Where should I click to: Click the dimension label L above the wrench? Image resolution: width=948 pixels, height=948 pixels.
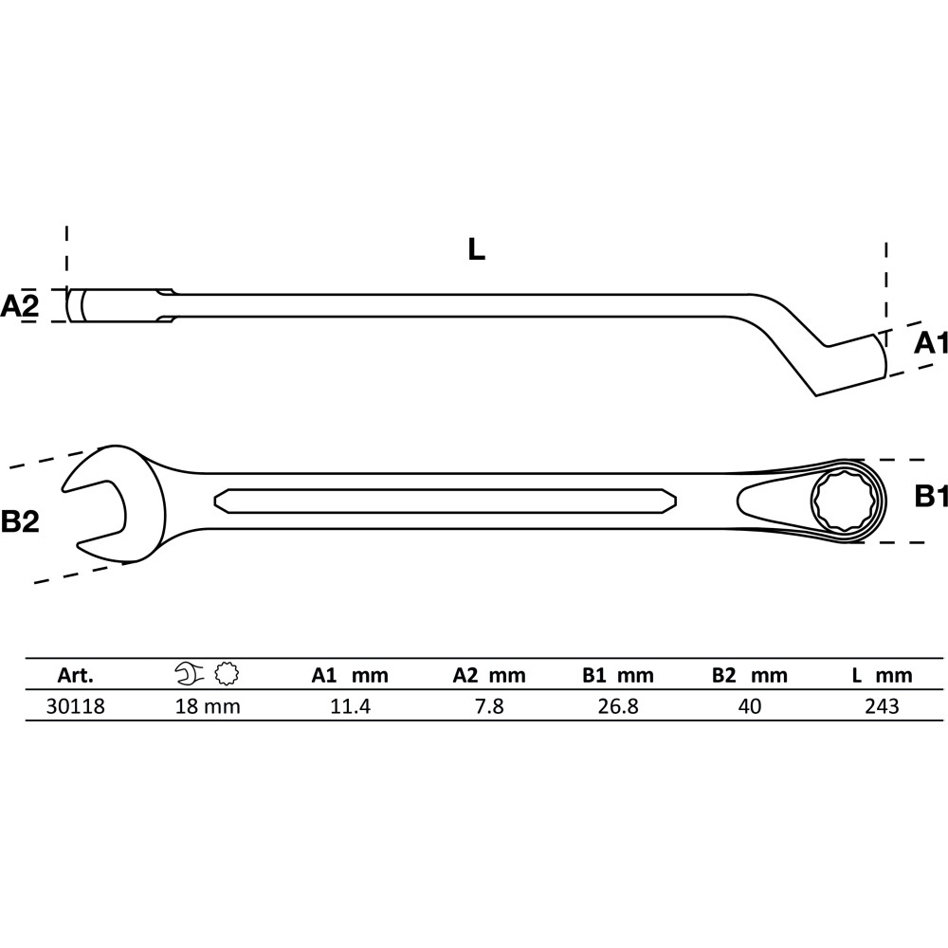point(477,249)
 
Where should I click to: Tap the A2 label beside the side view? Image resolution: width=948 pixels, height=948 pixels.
point(19,306)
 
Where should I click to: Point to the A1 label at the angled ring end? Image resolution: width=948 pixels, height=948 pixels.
point(930,343)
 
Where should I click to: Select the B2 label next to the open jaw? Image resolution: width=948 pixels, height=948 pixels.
point(20,521)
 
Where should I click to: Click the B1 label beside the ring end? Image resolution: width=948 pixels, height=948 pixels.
point(931,497)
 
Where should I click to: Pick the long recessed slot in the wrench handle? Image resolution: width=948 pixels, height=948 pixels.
point(445,501)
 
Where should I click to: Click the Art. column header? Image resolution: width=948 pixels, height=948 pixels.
point(76,675)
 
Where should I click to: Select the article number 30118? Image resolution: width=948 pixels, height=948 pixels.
point(76,706)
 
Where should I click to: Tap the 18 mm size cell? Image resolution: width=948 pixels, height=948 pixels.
point(208,706)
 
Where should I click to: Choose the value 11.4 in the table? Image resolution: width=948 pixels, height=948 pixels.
point(350,706)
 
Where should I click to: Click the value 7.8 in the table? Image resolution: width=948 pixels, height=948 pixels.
point(489,706)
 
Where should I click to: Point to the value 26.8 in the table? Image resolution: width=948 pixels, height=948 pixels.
point(618,706)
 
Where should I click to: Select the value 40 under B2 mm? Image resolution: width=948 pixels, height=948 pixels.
point(750,706)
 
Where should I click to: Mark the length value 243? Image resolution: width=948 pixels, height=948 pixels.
point(882,706)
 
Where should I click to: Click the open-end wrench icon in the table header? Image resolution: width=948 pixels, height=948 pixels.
point(190,673)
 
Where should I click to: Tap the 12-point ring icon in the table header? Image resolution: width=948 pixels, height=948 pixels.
point(227,673)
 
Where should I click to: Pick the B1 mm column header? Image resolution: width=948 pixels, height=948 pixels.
point(618,675)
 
